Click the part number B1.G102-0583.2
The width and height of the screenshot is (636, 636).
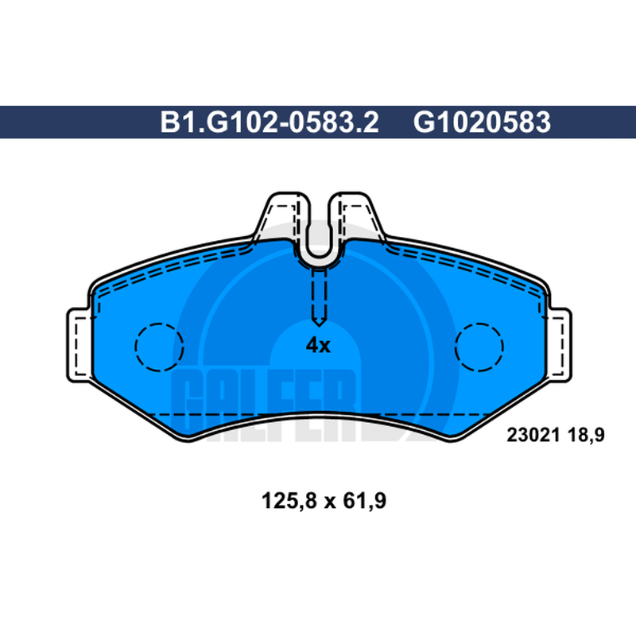coord(270,122)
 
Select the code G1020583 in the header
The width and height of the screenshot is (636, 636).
coord(482,122)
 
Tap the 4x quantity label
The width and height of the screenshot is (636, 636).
coord(318,346)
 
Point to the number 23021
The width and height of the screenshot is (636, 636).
coord(533,435)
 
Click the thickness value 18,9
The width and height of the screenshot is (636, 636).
coord(586,435)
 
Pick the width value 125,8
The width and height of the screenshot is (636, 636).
coord(289,501)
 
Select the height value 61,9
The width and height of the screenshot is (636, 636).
coord(364,501)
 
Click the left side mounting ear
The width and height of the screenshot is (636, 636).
coord(78,345)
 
